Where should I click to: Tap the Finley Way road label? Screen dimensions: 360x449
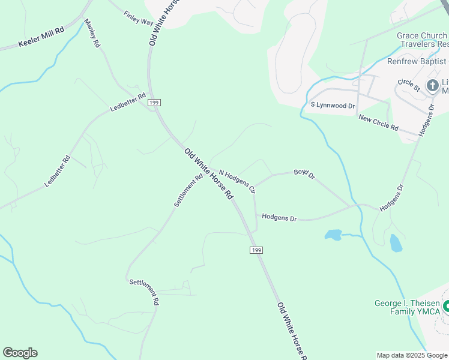(139, 18)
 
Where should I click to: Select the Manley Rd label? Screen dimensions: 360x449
(92, 33)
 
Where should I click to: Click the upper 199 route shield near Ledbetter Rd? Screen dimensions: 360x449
(154, 103)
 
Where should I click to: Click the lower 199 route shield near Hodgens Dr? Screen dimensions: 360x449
(256, 250)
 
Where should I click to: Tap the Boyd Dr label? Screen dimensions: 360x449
(304, 174)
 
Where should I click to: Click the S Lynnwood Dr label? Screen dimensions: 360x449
(333, 105)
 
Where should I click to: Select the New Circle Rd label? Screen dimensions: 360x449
(378, 123)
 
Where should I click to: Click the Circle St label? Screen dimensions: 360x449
(409, 85)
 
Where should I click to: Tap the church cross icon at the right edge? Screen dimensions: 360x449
(432, 85)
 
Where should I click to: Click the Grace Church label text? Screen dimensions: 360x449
(422, 35)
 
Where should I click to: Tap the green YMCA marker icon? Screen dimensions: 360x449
(446, 308)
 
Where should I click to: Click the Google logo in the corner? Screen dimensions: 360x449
(20, 353)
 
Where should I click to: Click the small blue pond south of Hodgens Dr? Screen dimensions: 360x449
(333, 235)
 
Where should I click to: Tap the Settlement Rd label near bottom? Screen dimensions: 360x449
(144, 291)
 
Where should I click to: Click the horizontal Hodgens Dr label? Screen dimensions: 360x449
(279, 217)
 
